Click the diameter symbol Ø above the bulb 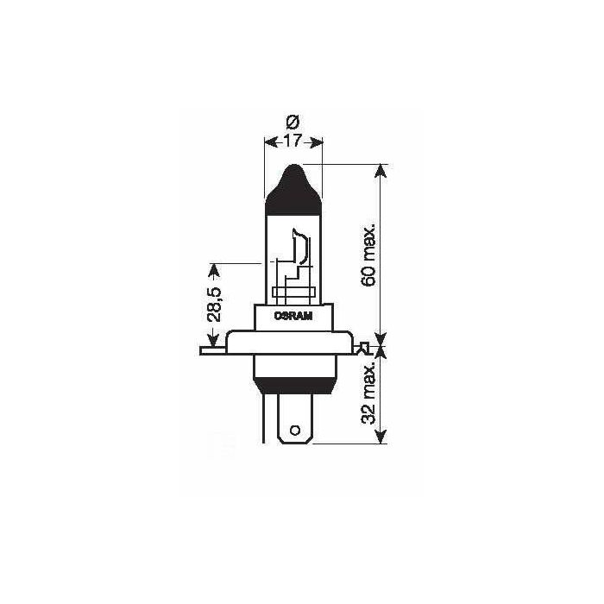coord(293,123)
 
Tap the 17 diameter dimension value coord(293,141)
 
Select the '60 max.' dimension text coord(368,256)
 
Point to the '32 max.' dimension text coord(368,393)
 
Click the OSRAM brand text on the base coord(293,317)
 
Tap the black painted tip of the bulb coord(293,190)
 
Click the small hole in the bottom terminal coord(295,430)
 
